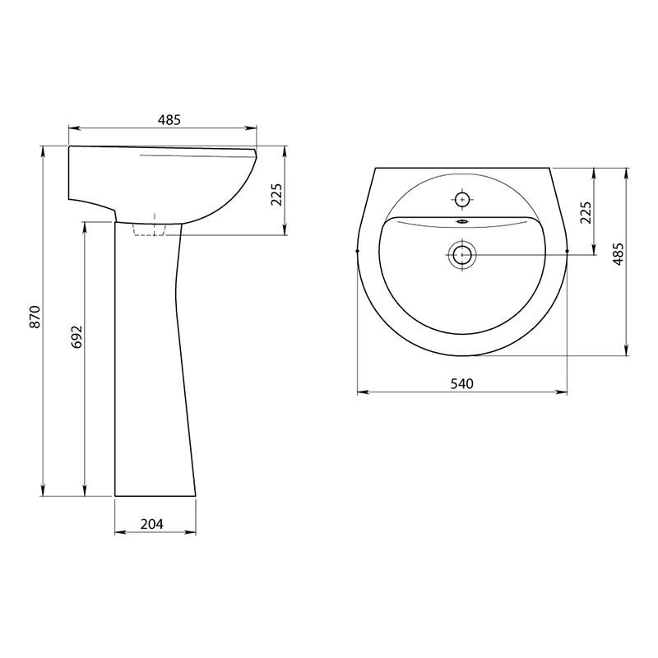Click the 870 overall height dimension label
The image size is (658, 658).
(35, 317)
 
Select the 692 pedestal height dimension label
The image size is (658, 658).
(76, 336)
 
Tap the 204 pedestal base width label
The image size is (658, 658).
(152, 524)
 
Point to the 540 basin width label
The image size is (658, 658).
(461, 383)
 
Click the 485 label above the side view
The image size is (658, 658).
(169, 120)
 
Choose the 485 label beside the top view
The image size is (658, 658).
(618, 254)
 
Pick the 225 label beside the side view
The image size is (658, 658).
(276, 195)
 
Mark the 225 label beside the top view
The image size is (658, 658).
(586, 213)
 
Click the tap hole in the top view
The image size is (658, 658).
(462, 200)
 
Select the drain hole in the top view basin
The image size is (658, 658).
(462, 254)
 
